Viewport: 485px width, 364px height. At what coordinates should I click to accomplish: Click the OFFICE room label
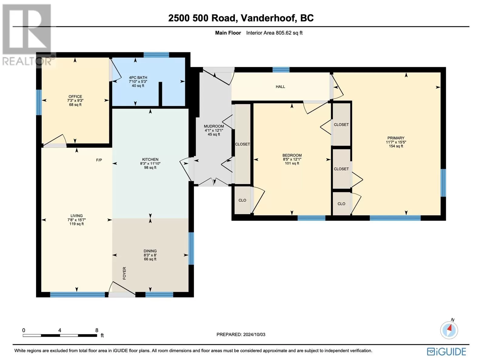pyautogui.click(x=75, y=96)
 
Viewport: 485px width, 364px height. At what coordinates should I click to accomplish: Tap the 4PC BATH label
pyautogui.click(x=138, y=78)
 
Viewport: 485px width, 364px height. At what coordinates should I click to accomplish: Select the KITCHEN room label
pyautogui.click(x=150, y=159)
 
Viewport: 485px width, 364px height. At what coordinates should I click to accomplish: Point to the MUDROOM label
pyautogui.click(x=214, y=126)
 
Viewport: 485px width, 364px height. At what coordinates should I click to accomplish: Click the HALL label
pyautogui.click(x=280, y=87)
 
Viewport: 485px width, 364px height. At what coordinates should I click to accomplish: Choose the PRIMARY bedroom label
pyautogui.click(x=396, y=138)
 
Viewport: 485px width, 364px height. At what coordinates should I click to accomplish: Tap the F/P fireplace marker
pyautogui.click(x=99, y=160)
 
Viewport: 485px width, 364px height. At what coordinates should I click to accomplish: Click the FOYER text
pyautogui.click(x=124, y=273)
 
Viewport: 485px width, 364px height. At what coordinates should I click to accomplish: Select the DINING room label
pyautogui.click(x=150, y=251)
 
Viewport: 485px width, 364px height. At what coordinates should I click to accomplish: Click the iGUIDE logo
pyautogui.click(x=446, y=351)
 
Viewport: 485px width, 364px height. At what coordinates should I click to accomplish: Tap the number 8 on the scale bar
pyautogui.click(x=97, y=330)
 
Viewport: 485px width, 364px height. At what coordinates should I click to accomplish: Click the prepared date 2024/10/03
pyautogui.click(x=254, y=334)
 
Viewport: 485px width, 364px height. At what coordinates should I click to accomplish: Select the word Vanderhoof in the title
pyautogui.click(x=268, y=18)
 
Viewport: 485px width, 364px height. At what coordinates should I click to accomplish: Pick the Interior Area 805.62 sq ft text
pyautogui.click(x=274, y=33)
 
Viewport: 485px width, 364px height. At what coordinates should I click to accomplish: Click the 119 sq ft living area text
pyautogui.click(x=76, y=224)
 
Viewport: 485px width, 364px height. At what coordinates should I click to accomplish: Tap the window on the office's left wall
pyautogui.click(x=39, y=102)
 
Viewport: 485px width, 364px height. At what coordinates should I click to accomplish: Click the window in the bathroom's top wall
pyautogui.click(x=156, y=55)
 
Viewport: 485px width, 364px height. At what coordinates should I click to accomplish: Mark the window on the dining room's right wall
pyautogui.click(x=191, y=248)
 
